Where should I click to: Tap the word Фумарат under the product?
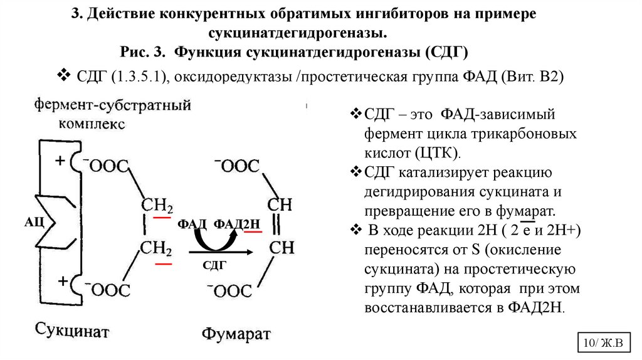[236, 332]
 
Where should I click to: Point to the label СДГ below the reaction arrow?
[214, 265]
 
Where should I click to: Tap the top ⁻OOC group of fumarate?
[237, 166]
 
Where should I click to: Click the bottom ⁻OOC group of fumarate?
[230, 290]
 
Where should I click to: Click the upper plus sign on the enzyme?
[60, 161]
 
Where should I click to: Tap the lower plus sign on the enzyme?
[63, 282]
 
